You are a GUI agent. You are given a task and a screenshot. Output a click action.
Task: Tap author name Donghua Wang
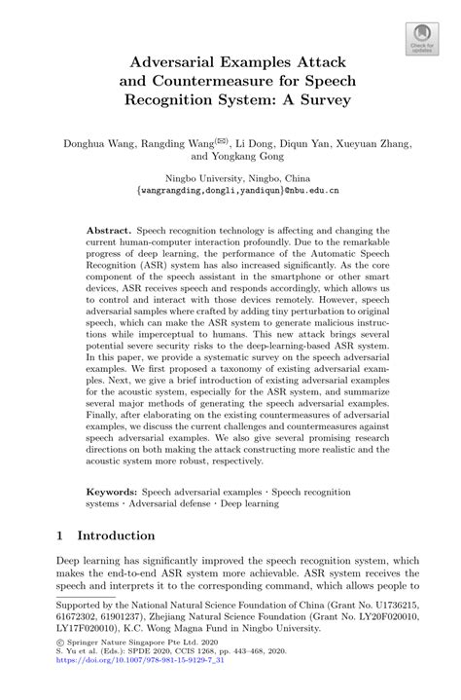[98, 142]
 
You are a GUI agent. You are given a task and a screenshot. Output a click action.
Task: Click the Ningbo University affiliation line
[230, 177]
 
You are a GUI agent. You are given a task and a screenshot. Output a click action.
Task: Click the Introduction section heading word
[116, 535]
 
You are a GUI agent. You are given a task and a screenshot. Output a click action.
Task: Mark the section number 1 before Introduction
[60, 535]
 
